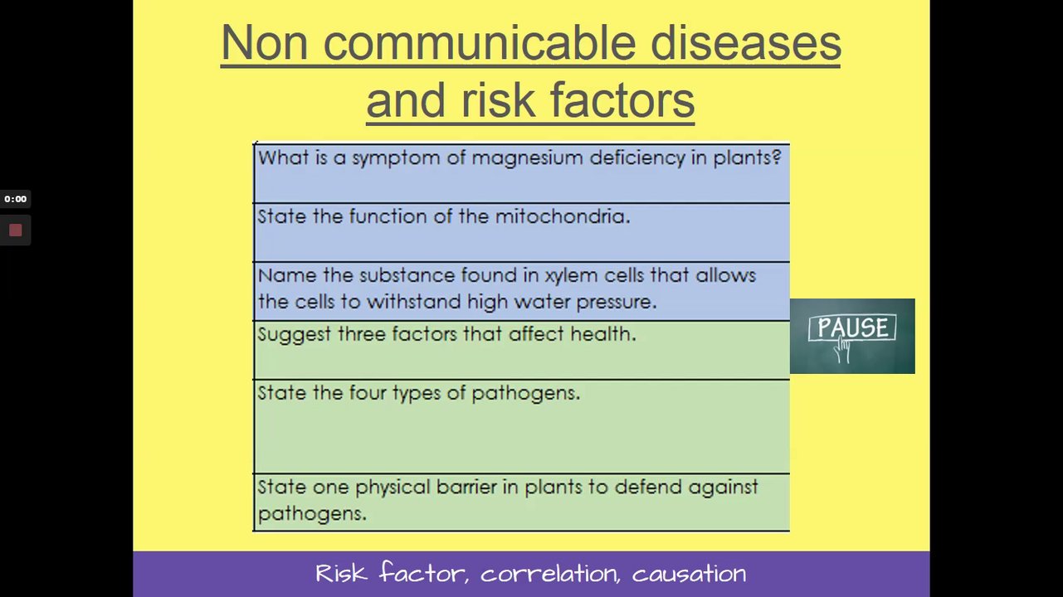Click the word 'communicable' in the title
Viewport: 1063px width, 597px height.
click(x=480, y=42)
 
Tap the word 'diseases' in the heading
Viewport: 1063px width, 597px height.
click(x=745, y=42)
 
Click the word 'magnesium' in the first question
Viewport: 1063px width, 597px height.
click(x=527, y=158)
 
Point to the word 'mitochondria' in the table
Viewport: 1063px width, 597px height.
click(x=563, y=216)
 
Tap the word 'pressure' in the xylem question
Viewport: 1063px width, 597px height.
click(x=617, y=303)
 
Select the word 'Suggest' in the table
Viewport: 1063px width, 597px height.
click(x=295, y=335)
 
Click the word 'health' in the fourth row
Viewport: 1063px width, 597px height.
click(x=603, y=334)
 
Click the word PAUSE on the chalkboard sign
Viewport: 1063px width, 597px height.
click(x=852, y=328)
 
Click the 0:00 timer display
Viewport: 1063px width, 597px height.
click(x=16, y=199)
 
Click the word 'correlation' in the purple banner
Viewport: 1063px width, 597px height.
click(x=550, y=574)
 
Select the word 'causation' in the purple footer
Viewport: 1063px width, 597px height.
click(x=689, y=575)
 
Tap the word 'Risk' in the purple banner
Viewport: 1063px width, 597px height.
click(x=342, y=573)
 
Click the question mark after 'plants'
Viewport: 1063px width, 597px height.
click(x=777, y=157)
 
